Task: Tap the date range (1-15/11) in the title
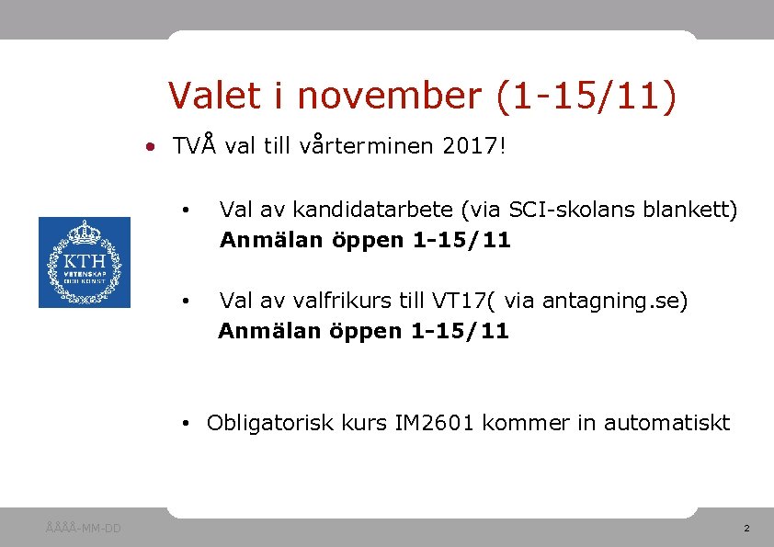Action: [586, 96]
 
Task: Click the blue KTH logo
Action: [85, 262]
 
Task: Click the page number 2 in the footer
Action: [746, 529]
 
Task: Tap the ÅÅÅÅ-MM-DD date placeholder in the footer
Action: [83, 528]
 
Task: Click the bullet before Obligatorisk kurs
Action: [186, 424]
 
